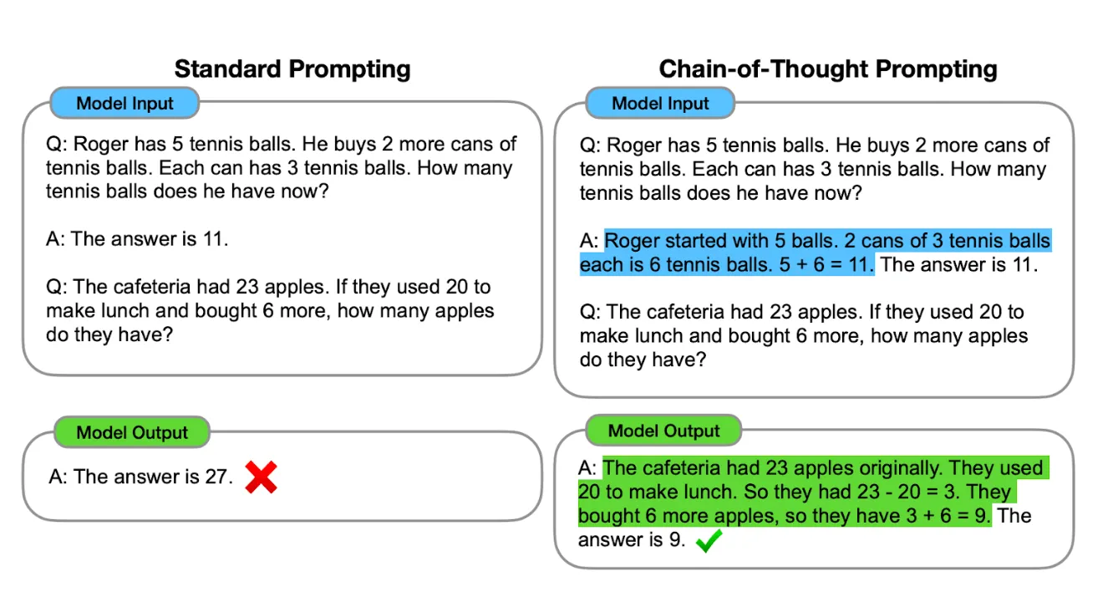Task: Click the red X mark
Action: coord(261,477)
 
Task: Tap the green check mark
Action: coord(709,540)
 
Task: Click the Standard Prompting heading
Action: coord(292,69)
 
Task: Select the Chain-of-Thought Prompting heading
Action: coord(828,69)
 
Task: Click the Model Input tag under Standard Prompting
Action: coord(125,104)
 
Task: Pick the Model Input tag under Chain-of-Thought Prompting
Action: coord(660,104)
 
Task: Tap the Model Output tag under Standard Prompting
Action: coord(132,432)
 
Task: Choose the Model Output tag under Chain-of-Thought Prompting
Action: coord(663,431)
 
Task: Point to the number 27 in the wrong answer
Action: coord(216,477)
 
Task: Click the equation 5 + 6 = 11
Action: coord(826,265)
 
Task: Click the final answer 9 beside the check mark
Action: coord(675,540)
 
